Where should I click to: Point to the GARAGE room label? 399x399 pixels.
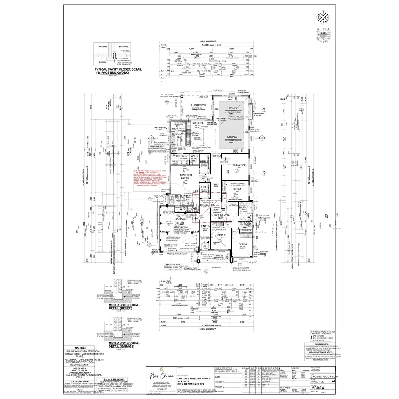181,219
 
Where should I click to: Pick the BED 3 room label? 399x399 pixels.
243,244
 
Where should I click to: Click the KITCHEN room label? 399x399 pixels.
198,123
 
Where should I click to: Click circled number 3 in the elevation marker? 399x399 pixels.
323,13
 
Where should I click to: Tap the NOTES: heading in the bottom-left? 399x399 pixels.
80,348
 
